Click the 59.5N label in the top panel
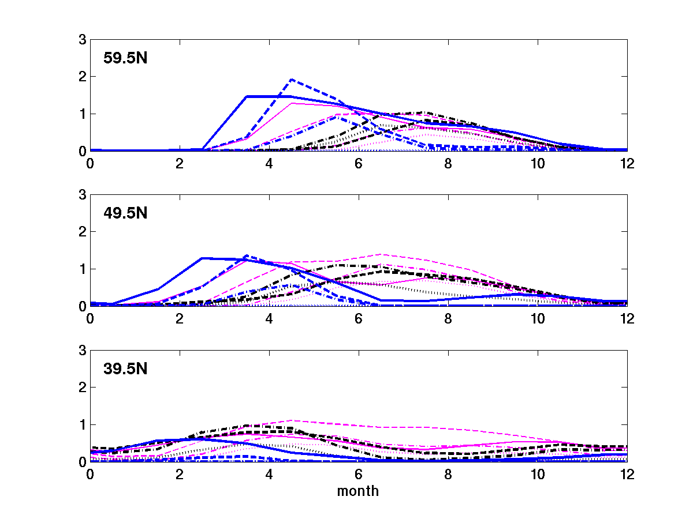point(125,58)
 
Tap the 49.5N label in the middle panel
point(125,213)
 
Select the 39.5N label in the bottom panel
point(125,368)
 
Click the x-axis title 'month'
point(358,491)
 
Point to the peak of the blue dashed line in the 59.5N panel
point(292,80)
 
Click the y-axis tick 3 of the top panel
point(83,40)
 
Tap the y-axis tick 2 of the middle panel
point(83,232)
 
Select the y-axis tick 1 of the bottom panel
point(83,424)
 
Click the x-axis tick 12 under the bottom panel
point(626,474)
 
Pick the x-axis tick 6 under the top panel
point(358,163)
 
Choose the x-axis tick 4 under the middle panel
point(269,318)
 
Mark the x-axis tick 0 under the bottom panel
point(90,474)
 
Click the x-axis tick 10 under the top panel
point(537,163)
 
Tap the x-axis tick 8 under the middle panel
point(448,318)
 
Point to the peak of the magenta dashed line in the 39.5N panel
point(292,420)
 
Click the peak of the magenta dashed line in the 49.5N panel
point(381,254)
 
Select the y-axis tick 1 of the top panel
point(83,114)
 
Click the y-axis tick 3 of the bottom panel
point(83,351)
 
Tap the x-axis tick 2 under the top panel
point(180,163)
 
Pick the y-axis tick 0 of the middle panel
point(83,306)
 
